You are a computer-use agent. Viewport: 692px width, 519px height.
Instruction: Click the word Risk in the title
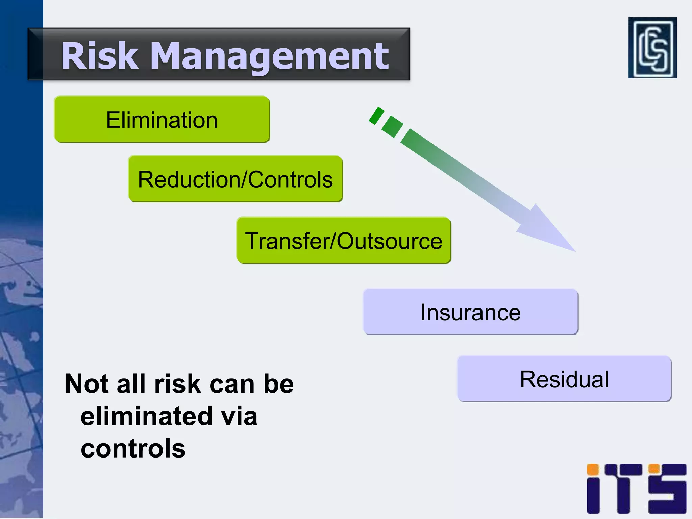pyautogui.click(x=100, y=56)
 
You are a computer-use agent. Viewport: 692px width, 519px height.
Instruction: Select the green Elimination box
pyautogui.click(x=162, y=119)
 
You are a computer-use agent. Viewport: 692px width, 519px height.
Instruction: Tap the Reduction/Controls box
pyautogui.click(x=236, y=179)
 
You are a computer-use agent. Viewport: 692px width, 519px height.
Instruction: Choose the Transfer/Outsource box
pyautogui.click(x=344, y=241)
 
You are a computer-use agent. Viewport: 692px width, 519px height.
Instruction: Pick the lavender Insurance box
pyautogui.click(x=470, y=312)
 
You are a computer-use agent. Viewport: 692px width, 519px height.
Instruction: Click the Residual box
pyautogui.click(x=564, y=379)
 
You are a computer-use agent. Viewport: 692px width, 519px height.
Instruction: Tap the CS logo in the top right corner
pyautogui.click(x=652, y=48)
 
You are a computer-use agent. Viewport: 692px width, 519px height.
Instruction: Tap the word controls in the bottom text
pyautogui.click(x=133, y=448)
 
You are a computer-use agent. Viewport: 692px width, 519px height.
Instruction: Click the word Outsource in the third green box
pyautogui.click(x=389, y=241)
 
